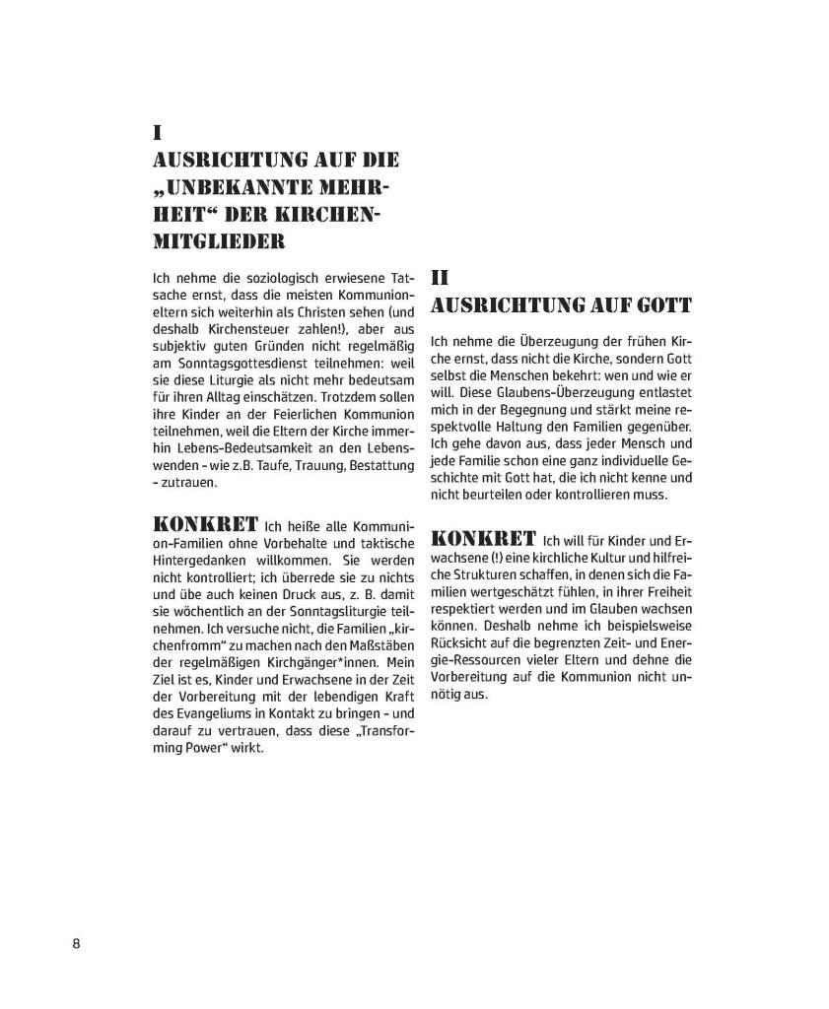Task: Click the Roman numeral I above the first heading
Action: (x=157, y=131)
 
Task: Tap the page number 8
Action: (x=76, y=943)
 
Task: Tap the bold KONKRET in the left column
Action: (x=205, y=521)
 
